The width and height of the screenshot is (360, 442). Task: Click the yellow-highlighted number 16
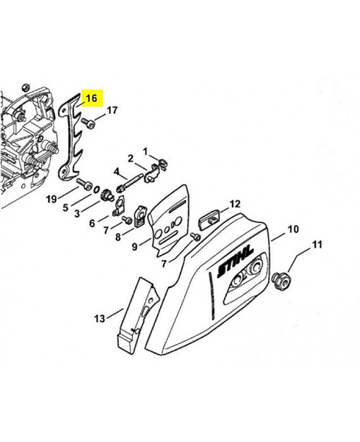pos(91,98)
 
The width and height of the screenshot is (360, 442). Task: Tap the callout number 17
pos(112,110)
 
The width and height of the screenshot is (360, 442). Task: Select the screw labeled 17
pos(88,124)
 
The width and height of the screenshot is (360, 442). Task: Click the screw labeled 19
pos(84,183)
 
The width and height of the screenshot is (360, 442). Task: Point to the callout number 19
pos(51,199)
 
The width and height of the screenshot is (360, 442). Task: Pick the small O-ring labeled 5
pos(96,190)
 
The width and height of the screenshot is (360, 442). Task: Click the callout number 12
pos(235,203)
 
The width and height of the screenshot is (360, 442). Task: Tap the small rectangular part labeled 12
pos(210,219)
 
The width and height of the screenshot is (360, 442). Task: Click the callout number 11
pos(317,244)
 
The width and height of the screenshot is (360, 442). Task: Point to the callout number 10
pos(293,229)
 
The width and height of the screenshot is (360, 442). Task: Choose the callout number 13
pos(99,319)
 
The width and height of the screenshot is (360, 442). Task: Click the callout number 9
pos(135,247)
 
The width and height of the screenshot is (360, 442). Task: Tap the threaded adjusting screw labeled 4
pos(129,183)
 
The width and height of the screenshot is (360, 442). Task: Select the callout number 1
pos(145,152)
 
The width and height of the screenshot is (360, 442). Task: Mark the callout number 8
pos(118,237)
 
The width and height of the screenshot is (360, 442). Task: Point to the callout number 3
pos(77,213)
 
